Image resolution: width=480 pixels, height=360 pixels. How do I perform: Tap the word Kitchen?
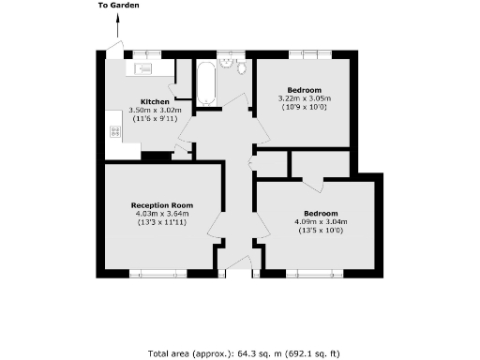pos(154,101)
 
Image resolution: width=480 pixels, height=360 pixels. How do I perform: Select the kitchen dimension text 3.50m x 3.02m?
pos(154,112)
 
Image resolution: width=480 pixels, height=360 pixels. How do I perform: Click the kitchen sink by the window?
pos(146,67)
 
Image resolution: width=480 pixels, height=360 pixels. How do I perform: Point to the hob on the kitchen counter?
pos(115,132)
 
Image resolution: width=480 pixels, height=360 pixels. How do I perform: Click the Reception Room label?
pos(162,205)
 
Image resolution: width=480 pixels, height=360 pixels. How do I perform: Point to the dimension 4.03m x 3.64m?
pos(162,215)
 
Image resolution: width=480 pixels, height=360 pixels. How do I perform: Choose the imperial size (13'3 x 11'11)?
pos(162,224)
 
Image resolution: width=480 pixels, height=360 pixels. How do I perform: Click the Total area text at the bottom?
pos(241,353)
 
